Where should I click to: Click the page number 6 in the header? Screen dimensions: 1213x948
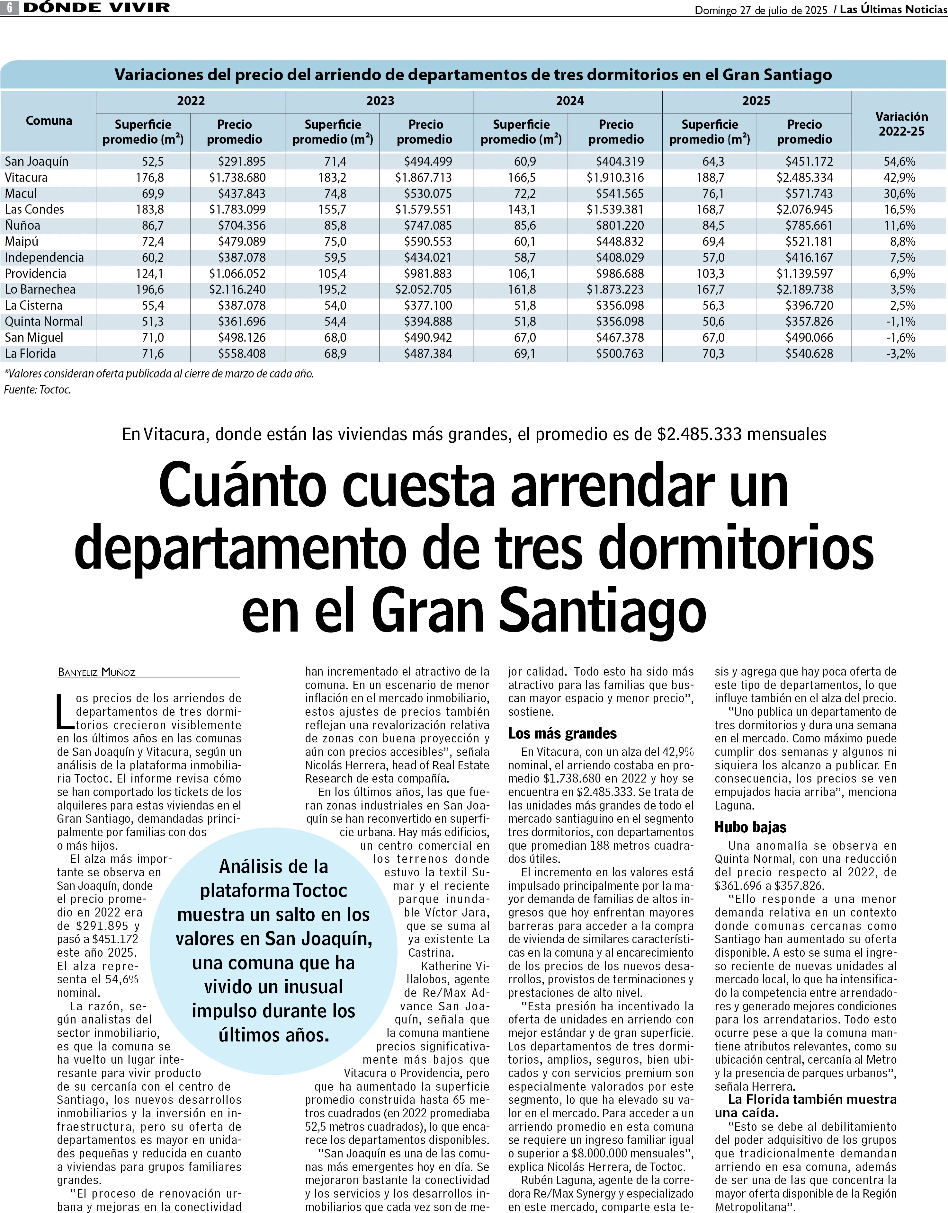[9, 8]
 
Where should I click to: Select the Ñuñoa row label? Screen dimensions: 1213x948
[23, 226]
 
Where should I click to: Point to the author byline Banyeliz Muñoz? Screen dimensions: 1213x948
[97, 672]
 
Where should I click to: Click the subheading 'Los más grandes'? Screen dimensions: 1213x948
[562, 733]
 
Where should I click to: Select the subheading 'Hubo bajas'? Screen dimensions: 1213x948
[750, 827]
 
